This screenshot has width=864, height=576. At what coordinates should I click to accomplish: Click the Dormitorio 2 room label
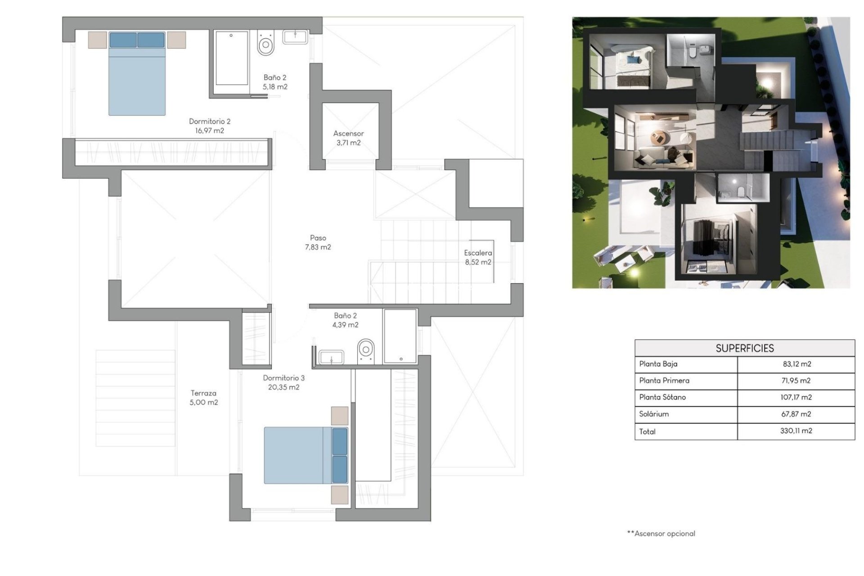209,126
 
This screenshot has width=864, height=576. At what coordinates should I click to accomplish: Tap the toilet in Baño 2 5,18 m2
266,44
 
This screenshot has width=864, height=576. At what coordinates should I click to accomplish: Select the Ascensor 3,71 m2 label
348,138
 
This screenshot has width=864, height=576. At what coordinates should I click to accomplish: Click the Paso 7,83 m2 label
318,243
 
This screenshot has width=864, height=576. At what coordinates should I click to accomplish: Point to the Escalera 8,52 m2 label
478,257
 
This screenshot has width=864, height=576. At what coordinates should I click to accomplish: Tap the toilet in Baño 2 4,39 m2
366,351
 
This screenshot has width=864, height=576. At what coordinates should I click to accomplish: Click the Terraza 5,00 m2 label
203,398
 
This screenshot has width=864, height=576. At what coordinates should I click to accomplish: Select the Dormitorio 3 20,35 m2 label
283,382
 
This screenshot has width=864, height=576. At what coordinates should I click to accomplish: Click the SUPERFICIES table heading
744,348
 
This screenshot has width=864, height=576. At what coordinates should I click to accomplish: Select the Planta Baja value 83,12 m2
796,364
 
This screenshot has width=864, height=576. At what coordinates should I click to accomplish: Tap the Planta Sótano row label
662,397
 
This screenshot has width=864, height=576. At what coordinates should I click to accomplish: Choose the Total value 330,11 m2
796,431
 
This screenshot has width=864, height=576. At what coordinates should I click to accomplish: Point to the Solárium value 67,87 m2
796,414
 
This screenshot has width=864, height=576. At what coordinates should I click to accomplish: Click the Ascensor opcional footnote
661,534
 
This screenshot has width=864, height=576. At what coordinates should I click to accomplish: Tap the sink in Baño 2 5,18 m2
295,37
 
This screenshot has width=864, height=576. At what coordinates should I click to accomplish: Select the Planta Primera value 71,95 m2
796,381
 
